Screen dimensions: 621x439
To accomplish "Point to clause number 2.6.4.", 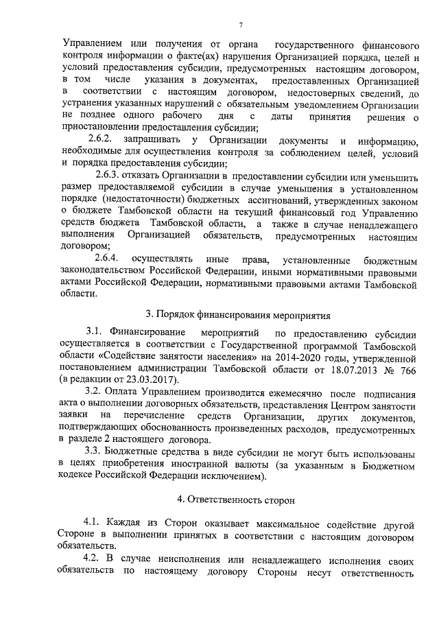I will click(x=106, y=259).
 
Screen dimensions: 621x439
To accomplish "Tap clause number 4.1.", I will click(x=93, y=523).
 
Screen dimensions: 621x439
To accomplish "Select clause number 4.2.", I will click(x=93, y=559).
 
